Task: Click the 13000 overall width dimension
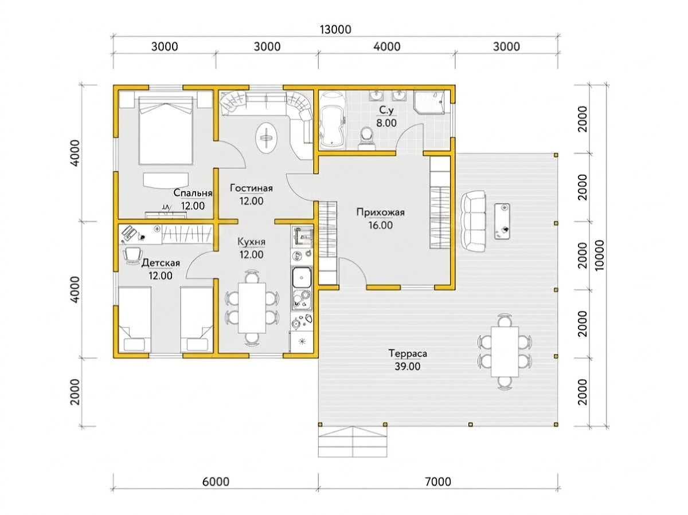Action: tap(335, 29)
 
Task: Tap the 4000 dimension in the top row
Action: tap(387, 46)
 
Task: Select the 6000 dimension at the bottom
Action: tap(216, 482)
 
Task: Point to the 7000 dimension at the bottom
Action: tap(438, 482)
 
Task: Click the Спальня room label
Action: tap(193, 193)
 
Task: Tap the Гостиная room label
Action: tap(251, 188)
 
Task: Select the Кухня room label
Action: tap(251, 242)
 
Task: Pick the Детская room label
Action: tap(161, 263)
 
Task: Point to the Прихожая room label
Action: tap(380, 213)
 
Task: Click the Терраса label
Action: tap(408, 353)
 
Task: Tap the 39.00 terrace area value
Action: tap(408, 366)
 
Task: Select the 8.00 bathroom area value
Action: tap(386, 123)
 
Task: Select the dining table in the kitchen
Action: tap(252, 308)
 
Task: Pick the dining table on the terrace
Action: tap(505, 352)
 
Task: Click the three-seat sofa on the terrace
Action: tap(474, 221)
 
